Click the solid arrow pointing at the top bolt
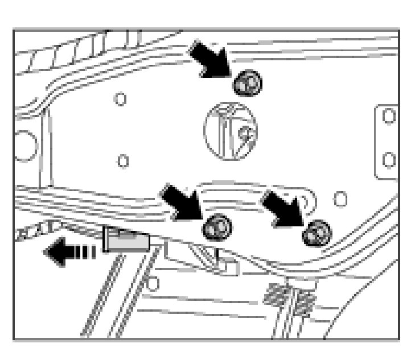click(210, 59)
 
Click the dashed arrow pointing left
click(69, 251)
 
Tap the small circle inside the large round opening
click(245, 134)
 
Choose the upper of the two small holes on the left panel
click(120, 99)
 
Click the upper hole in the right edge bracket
click(389, 117)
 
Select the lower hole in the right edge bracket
click(389, 159)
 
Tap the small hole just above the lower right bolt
click(340, 199)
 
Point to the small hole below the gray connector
click(153, 280)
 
